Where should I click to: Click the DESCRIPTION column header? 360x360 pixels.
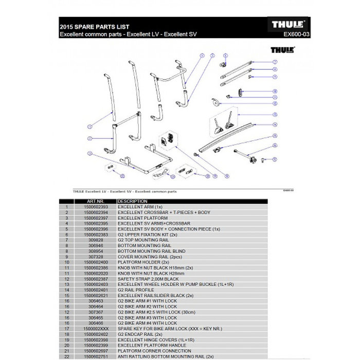point(133,201)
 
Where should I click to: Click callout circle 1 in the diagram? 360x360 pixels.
point(89,125)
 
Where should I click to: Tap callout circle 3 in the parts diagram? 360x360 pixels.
point(89,153)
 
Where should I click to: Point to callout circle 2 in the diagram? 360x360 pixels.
point(89,138)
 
